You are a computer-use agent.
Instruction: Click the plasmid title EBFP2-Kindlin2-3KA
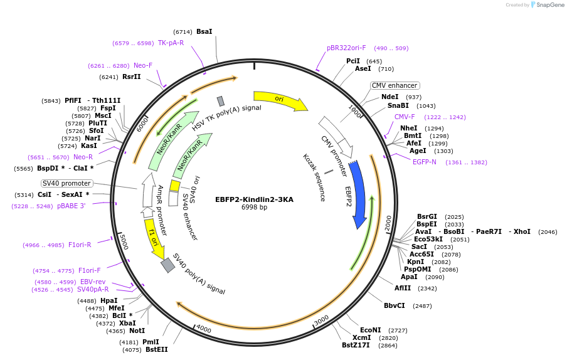click(x=254, y=199)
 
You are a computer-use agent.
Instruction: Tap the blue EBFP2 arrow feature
click(x=358, y=194)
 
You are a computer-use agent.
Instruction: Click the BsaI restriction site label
click(x=204, y=31)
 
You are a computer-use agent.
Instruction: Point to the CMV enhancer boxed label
click(x=395, y=85)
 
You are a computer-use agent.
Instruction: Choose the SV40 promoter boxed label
click(x=67, y=183)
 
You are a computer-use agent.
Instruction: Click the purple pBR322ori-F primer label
click(x=346, y=48)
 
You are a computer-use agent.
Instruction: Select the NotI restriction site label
click(x=137, y=331)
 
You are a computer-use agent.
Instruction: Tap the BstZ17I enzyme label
click(x=356, y=345)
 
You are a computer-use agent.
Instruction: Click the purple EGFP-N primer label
click(x=425, y=162)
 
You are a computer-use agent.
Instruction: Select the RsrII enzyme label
click(x=132, y=77)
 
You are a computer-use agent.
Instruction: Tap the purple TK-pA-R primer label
click(x=171, y=43)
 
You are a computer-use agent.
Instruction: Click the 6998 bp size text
click(x=254, y=208)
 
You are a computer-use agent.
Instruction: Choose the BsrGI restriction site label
click(x=427, y=216)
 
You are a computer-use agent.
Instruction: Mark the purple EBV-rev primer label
click(x=93, y=282)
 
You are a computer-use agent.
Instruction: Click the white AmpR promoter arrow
click(x=147, y=190)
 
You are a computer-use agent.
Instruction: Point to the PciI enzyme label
click(x=353, y=61)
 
